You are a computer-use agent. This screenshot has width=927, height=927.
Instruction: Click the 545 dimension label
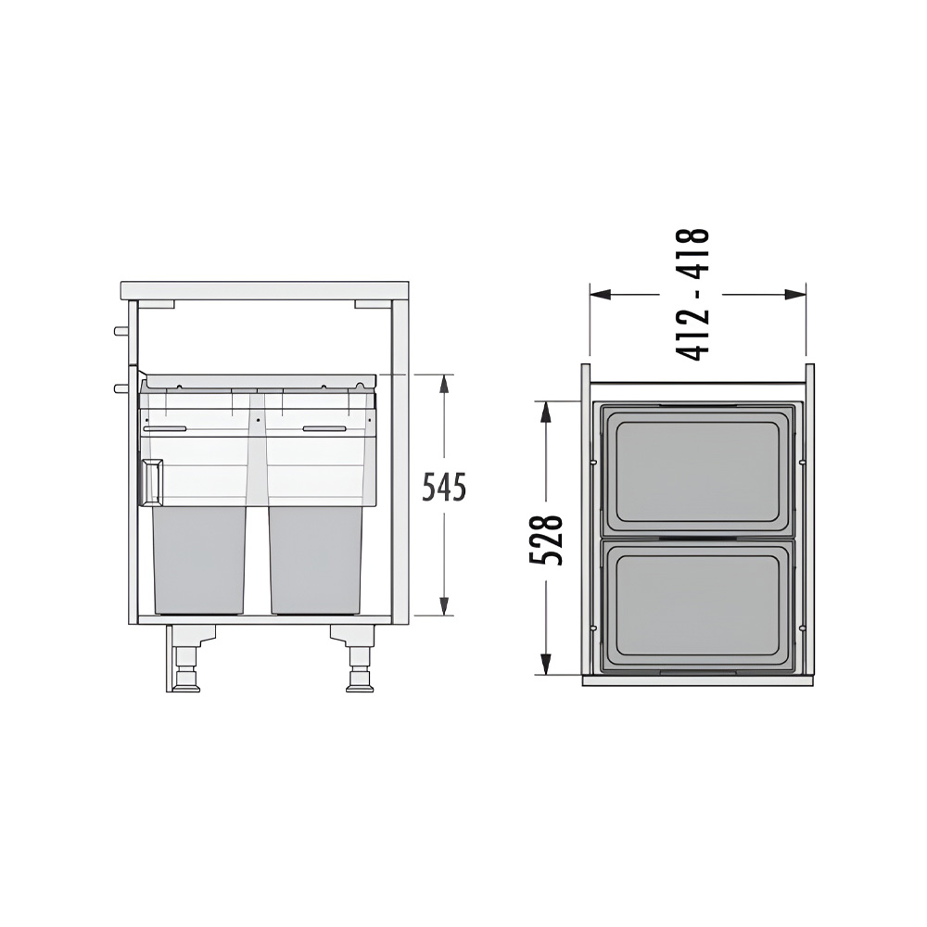click(x=445, y=487)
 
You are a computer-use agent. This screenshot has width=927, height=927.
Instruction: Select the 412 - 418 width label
click(x=692, y=295)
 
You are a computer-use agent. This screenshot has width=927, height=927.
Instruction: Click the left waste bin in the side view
click(x=199, y=559)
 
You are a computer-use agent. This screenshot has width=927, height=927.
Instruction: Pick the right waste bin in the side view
click(x=316, y=559)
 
